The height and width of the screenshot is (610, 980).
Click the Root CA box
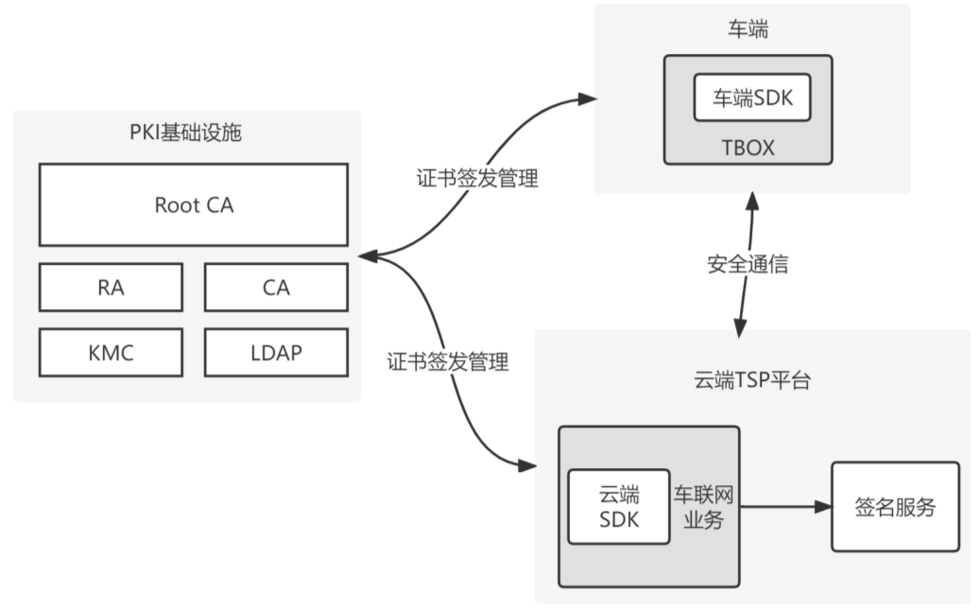(193, 204)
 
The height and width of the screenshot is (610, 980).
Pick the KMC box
(111, 353)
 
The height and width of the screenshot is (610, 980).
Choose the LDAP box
(276, 353)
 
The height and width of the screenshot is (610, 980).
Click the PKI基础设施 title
(185, 132)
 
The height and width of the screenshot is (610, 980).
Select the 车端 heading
(752, 30)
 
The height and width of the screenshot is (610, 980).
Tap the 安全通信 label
(748, 265)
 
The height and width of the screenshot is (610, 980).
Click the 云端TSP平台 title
(751, 382)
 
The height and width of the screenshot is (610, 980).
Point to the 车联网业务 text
(704, 507)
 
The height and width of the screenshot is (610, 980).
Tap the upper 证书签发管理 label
(477, 178)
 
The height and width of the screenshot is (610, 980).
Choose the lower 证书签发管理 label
(448, 361)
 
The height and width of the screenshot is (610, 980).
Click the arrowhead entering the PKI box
(367, 255)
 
